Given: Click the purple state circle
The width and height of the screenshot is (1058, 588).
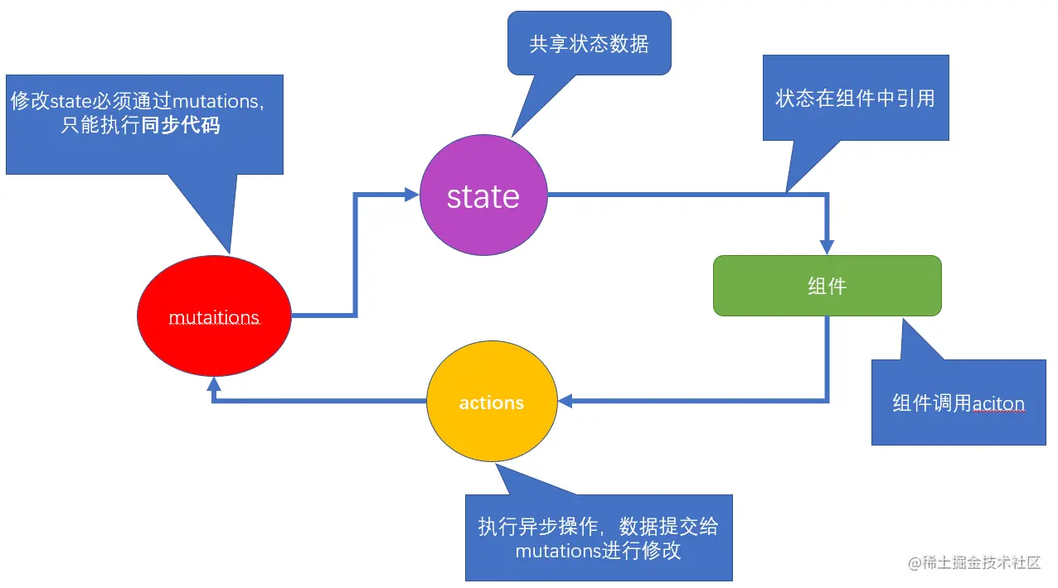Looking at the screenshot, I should [483, 196].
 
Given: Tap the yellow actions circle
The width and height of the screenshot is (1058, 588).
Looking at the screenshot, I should [492, 403].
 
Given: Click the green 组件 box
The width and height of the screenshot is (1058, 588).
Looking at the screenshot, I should [827, 286].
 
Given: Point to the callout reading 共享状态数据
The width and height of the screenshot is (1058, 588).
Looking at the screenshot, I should [589, 44].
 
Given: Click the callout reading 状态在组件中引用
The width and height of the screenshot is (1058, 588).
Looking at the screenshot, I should [855, 98].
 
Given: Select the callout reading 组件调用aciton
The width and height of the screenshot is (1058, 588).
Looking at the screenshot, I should [959, 402].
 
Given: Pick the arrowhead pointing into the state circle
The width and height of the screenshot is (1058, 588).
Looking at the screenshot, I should [411, 195].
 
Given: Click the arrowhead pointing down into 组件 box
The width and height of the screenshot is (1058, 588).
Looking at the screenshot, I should [827, 247].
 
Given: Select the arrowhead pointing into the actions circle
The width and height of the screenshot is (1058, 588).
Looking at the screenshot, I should [565, 401].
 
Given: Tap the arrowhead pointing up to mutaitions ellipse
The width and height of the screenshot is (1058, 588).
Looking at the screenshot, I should [214, 383].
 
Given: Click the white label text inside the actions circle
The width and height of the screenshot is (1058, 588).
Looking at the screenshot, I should [492, 403].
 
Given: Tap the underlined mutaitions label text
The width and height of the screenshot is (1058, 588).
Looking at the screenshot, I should [214, 318].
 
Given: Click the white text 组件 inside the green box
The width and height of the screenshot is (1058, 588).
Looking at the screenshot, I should [827, 286].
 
